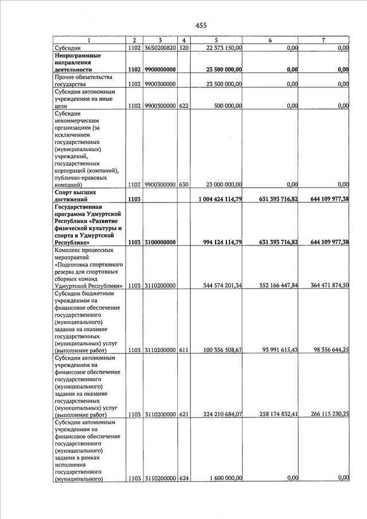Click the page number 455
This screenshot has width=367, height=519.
[201, 25]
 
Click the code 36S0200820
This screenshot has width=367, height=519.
[160, 48]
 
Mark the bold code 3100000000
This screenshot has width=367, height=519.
[160, 243]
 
